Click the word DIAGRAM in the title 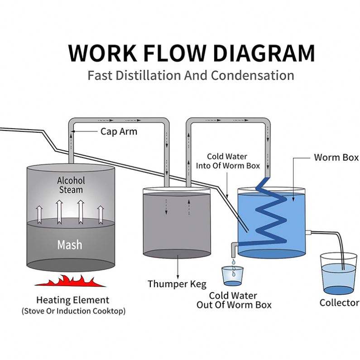click(x=264, y=53)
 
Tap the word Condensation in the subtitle click(x=253, y=75)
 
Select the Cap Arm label click(x=119, y=132)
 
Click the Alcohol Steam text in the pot click(x=71, y=185)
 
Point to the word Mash click(x=70, y=245)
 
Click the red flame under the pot click(x=70, y=281)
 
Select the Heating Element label click(x=73, y=300)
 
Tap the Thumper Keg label click(x=177, y=284)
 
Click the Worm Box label click(x=336, y=158)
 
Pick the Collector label click(x=339, y=302)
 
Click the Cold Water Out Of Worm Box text click(x=234, y=300)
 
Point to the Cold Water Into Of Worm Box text click(x=228, y=161)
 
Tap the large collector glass click(x=338, y=274)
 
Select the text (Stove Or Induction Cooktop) click(x=74, y=311)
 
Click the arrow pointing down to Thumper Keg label click(x=178, y=267)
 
